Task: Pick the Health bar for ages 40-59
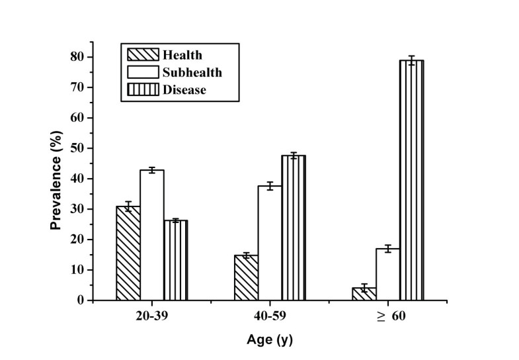pyautogui.click(x=246, y=278)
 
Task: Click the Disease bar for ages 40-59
pyautogui.click(x=294, y=228)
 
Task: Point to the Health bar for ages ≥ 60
pyautogui.click(x=364, y=294)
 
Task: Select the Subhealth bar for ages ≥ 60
pyautogui.click(x=387, y=275)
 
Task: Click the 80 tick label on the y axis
pyautogui.click(x=77, y=57)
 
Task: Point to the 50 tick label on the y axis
pyautogui.click(x=77, y=148)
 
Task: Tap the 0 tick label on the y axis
pyautogui.click(x=80, y=300)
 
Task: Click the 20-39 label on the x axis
pyautogui.click(x=152, y=316)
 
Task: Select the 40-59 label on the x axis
pyautogui.click(x=270, y=316)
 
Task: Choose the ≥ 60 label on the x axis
pyautogui.click(x=387, y=316)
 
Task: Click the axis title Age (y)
pyautogui.click(x=269, y=341)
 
